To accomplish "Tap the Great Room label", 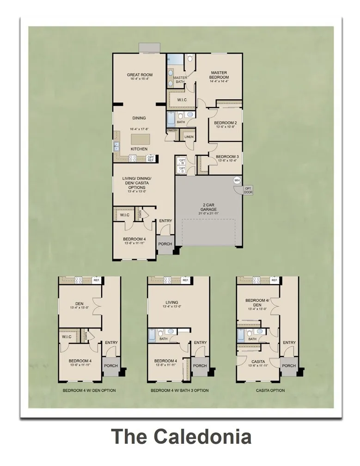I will click(x=140, y=75).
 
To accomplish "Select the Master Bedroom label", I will click(x=219, y=75).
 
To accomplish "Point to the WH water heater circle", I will click(x=237, y=180).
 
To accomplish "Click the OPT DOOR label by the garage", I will click(x=248, y=190).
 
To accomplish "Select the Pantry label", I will click(x=172, y=130).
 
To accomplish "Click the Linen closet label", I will click(x=189, y=137).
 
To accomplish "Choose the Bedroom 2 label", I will click(x=226, y=123).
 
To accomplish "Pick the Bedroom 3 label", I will click(x=227, y=157).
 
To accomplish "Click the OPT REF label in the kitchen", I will click(x=151, y=158).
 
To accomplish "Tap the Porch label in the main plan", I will click(x=165, y=244).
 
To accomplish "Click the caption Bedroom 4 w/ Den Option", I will click(x=89, y=391).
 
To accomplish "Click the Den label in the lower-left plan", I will click(x=79, y=304).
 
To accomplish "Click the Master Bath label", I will click(x=180, y=80).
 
